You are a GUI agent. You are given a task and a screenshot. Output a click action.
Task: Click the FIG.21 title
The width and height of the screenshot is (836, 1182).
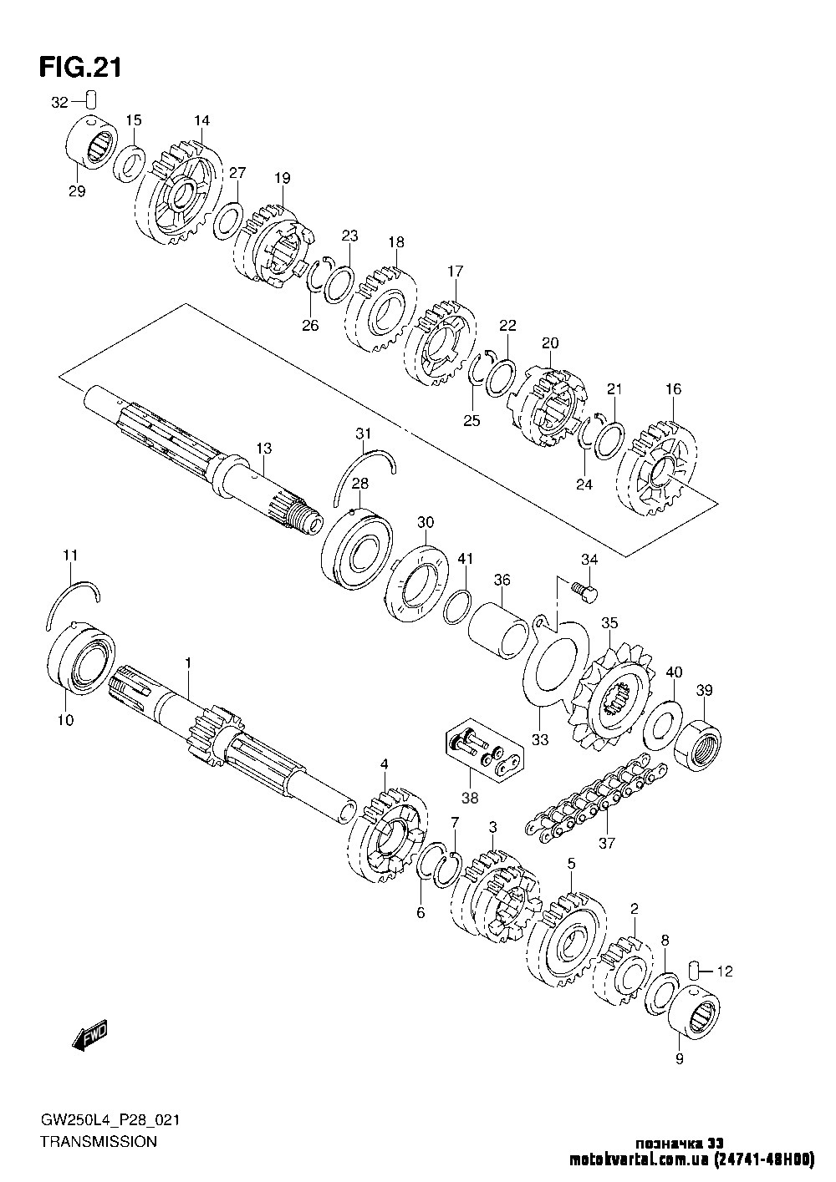click(x=80, y=67)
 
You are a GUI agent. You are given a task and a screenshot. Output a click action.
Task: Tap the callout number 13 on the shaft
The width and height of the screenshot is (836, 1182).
click(x=264, y=449)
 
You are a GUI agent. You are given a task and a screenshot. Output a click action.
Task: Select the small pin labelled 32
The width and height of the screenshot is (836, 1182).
click(x=92, y=101)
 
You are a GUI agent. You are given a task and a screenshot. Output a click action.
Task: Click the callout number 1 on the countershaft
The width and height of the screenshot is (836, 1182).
click(x=188, y=662)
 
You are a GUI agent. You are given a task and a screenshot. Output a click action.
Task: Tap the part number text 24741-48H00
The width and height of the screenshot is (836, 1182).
click(x=765, y=1160)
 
